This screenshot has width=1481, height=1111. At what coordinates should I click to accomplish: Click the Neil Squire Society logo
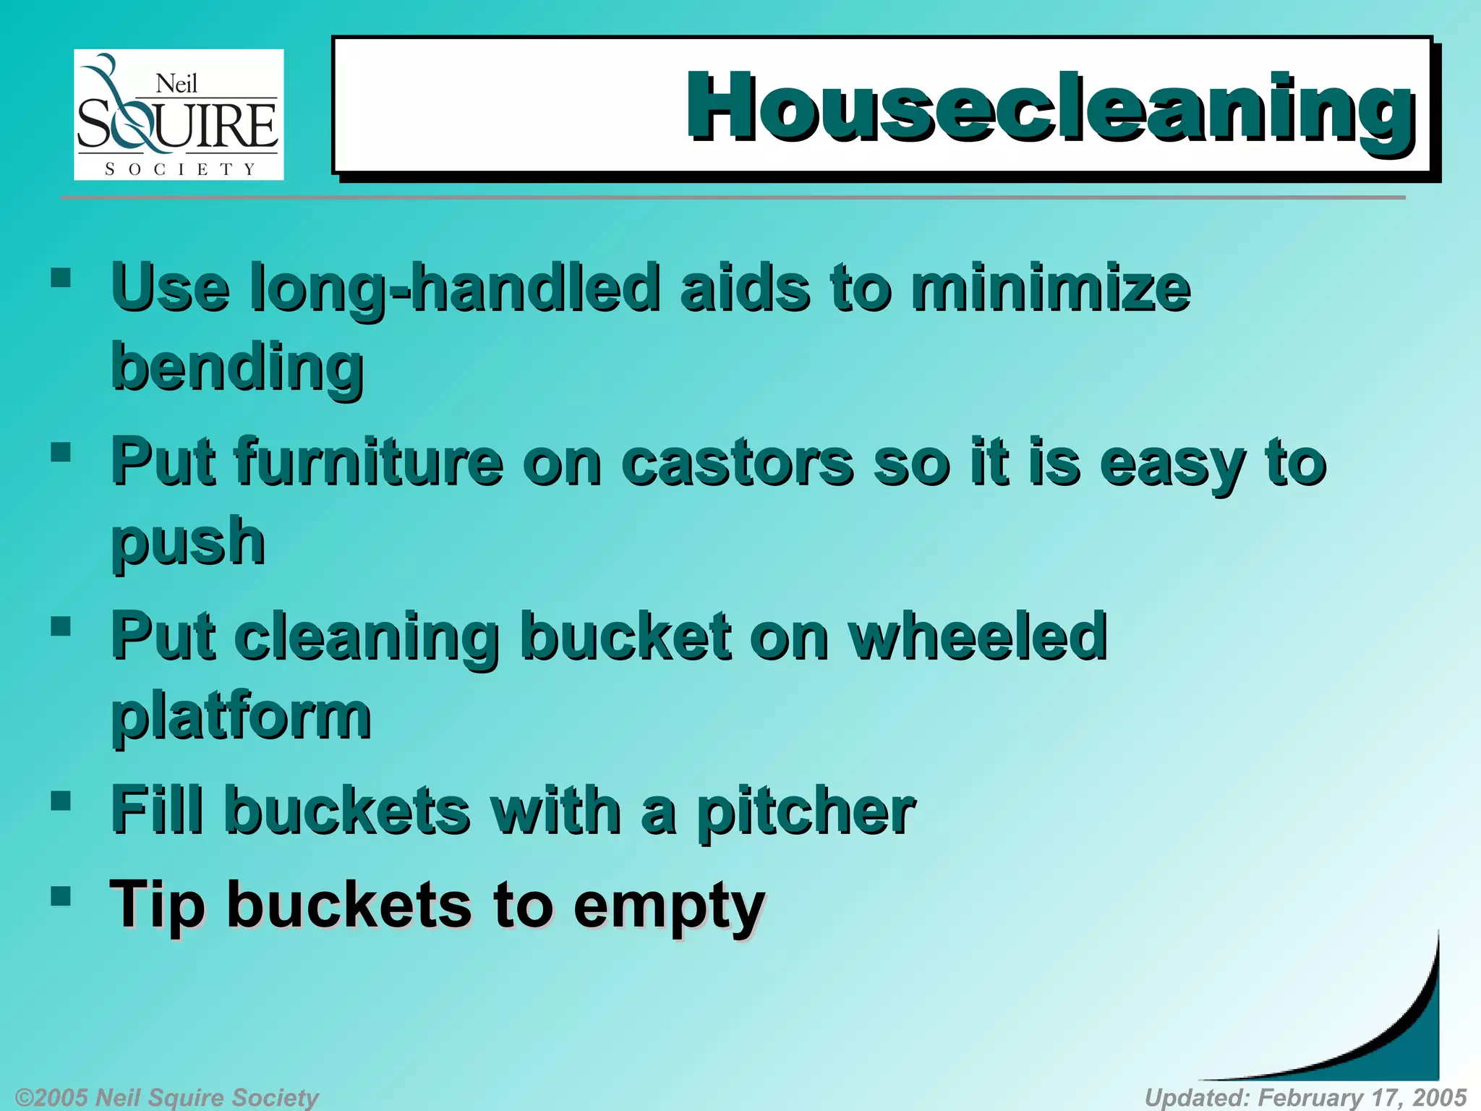pyautogui.click(x=179, y=114)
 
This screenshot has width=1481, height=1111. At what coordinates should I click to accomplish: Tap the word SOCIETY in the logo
pyautogui.click(x=180, y=169)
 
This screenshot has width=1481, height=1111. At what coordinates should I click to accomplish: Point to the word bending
pyautogui.click(x=236, y=369)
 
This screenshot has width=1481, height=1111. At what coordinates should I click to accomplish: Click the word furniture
pyautogui.click(x=368, y=463)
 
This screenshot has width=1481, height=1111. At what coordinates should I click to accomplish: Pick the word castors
pyautogui.click(x=738, y=463)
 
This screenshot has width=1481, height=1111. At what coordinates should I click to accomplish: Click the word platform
pyautogui.click(x=241, y=718)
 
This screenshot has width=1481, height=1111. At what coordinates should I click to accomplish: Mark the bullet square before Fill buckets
pyautogui.click(x=61, y=801)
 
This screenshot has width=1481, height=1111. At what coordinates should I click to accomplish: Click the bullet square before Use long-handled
pyautogui.click(x=61, y=278)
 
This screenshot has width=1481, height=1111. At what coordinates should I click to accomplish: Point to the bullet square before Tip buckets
pyautogui.click(x=61, y=897)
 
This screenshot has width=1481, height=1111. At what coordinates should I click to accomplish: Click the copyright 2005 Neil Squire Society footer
pyautogui.click(x=167, y=1097)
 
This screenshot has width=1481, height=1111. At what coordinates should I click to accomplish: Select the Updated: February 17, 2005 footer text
pyautogui.click(x=1305, y=1097)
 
